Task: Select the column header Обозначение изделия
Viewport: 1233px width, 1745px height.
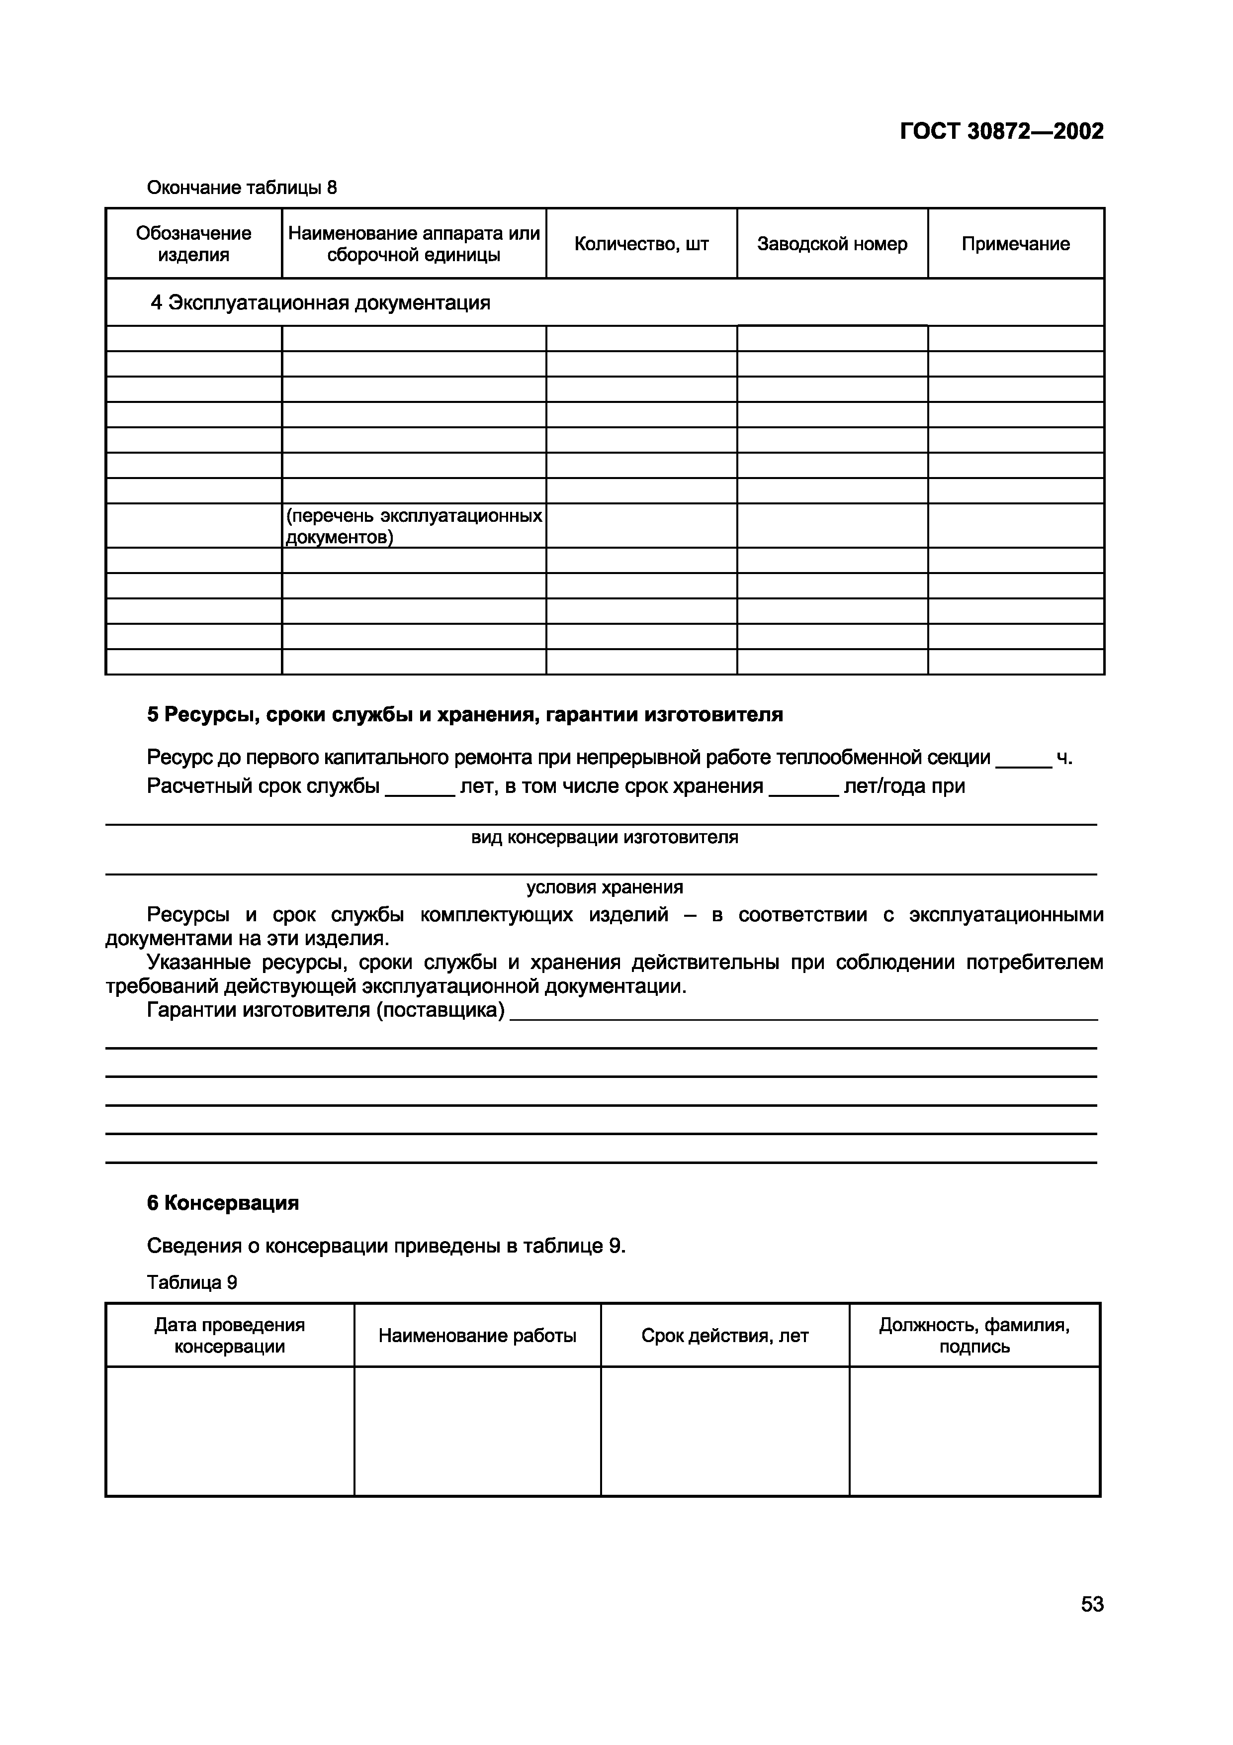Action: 194,243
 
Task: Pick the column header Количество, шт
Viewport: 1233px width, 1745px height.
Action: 641,243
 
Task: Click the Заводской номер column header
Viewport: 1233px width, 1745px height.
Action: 832,243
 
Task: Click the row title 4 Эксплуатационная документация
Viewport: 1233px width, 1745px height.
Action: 321,302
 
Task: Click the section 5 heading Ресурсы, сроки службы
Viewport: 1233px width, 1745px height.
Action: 464,714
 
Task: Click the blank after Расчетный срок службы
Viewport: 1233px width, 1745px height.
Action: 419,788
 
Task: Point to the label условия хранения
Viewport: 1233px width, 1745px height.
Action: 604,887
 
